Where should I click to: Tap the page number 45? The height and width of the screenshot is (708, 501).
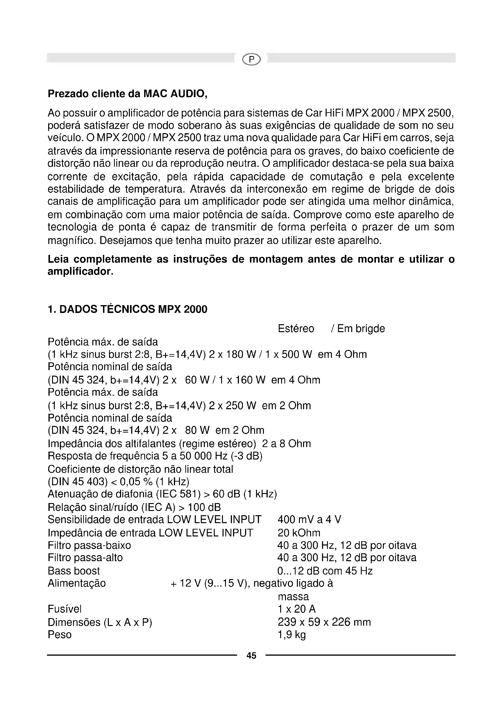click(x=251, y=656)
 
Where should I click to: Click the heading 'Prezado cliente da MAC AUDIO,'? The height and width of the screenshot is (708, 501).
click(x=127, y=94)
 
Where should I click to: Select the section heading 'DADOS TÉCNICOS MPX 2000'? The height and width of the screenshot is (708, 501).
click(x=133, y=309)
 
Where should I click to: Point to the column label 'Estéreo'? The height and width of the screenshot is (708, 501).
click(x=296, y=329)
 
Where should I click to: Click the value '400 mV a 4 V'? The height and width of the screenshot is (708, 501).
click(x=309, y=520)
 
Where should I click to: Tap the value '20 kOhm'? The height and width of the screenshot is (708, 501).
click(x=299, y=532)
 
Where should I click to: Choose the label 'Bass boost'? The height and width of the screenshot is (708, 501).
click(x=74, y=571)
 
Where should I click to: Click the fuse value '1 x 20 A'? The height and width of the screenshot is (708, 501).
click(x=297, y=609)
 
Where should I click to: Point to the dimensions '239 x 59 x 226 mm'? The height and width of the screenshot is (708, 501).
click(x=324, y=622)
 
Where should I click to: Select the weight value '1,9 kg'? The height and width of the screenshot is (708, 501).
click(x=291, y=635)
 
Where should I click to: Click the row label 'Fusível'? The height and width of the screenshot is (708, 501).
click(x=65, y=609)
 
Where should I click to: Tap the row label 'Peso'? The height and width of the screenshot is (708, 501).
click(x=60, y=635)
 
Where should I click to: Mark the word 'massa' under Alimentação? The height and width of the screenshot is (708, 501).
click(x=293, y=597)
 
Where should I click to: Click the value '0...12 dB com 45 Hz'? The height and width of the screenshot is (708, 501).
click(x=325, y=571)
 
